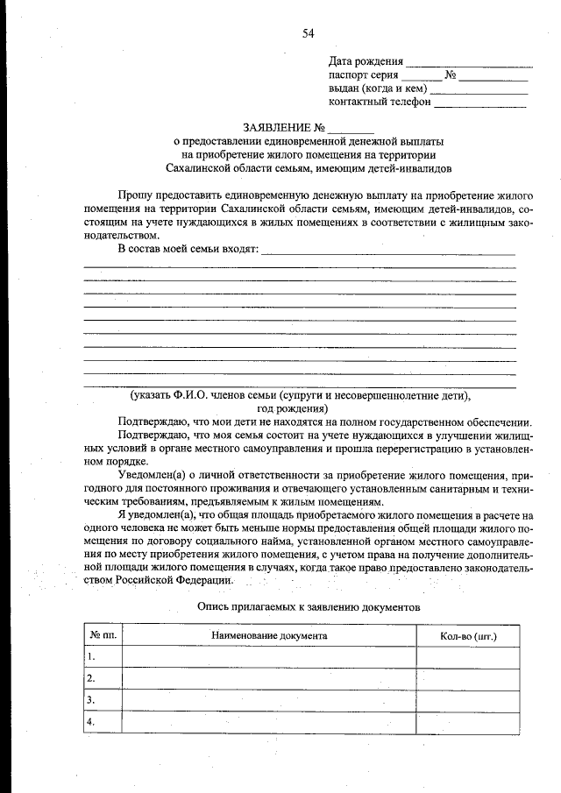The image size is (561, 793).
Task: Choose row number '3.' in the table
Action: click(x=91, y=699)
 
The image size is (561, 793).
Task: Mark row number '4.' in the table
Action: click(x=91, y=721)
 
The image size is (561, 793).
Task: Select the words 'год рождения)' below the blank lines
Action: click(x=293, y=408)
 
